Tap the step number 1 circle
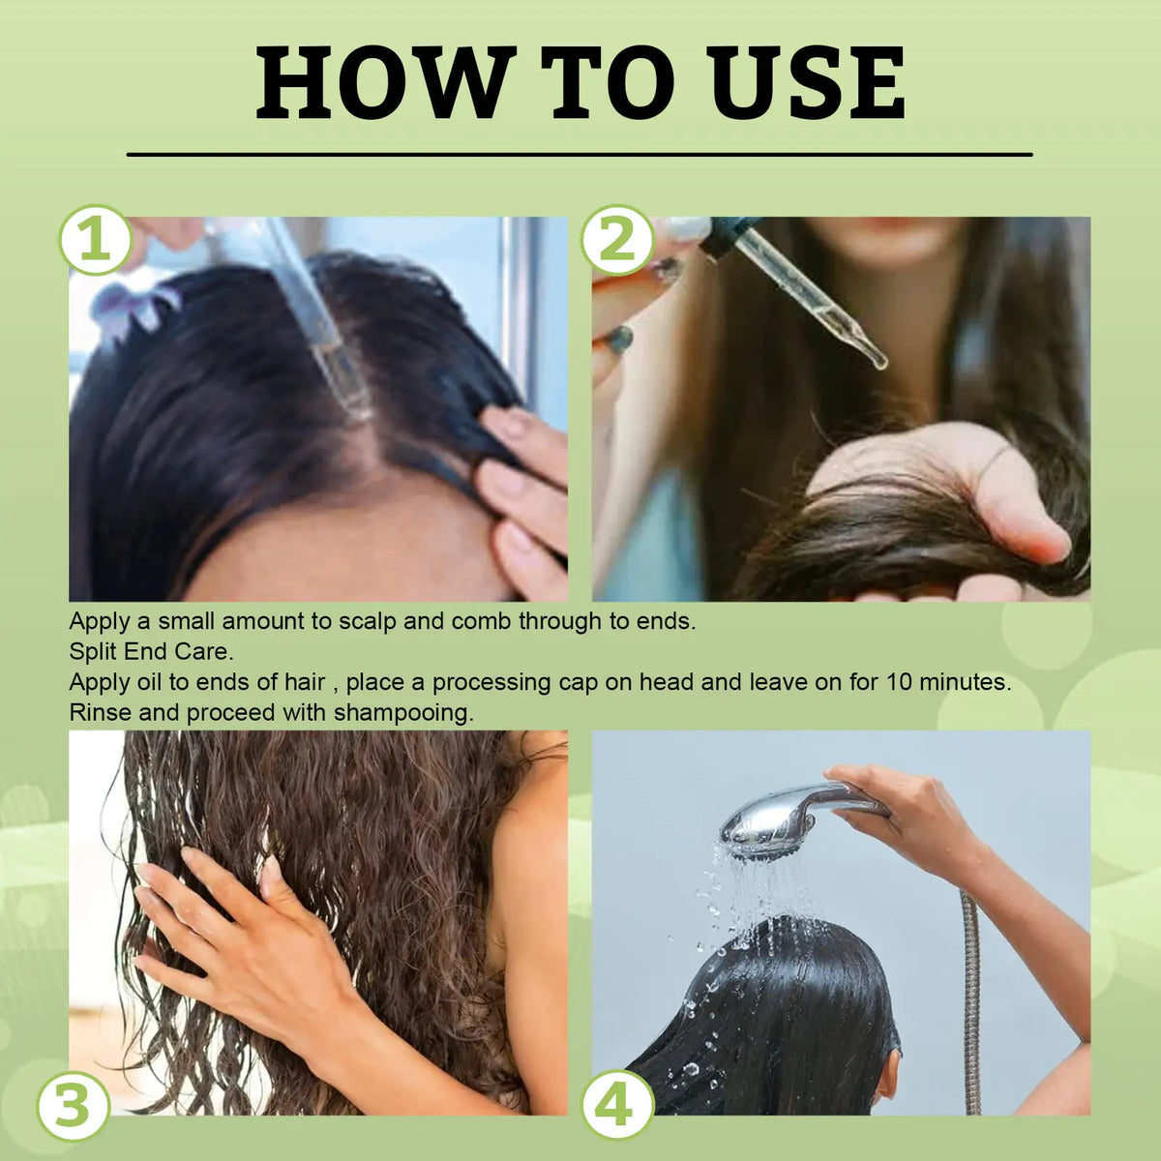[95, 240]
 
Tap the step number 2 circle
[617, 240]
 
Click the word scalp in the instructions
[367, 620]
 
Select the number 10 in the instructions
[896, 682]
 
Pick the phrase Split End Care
[150, 651]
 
